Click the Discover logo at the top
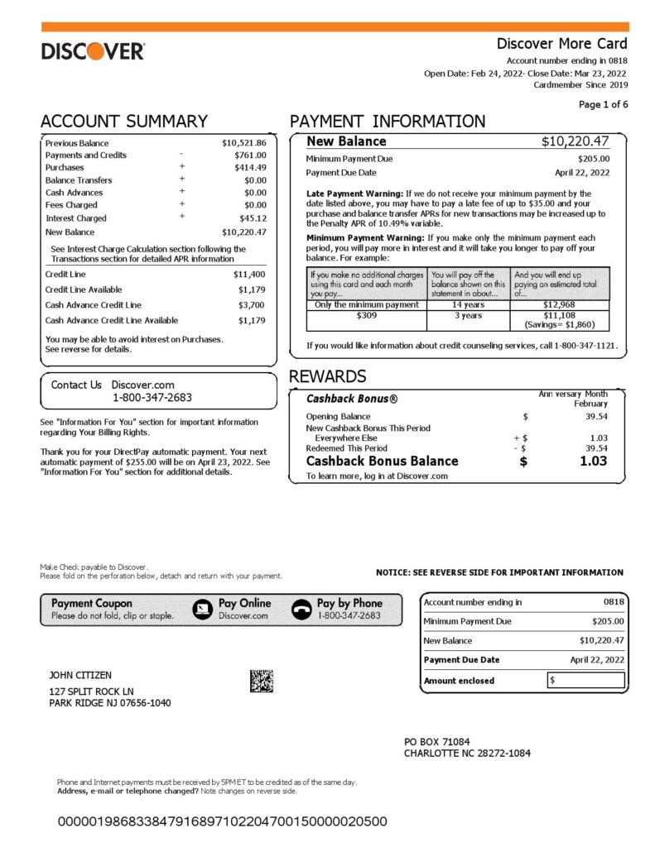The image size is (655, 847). tap(93, 51)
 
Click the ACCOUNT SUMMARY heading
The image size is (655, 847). tap(124, 122)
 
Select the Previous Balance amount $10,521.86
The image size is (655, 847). tap(243, 143)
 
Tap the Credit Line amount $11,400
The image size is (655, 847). tap(249, 274)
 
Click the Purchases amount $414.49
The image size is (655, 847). tap(250, 167)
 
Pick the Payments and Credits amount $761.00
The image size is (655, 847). tap(250, 155)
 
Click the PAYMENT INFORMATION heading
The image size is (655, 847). tap(388, 122)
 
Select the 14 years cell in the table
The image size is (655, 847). tap(468, 304)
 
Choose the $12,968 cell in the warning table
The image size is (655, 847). tap(559, 304)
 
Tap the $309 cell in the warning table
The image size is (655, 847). tap(365, 315)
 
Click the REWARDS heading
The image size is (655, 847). tap(327, 376)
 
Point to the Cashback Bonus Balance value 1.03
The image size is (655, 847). tap(593, 461)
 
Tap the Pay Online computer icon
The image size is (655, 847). tap(202, 610)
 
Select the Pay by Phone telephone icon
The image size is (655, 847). tap(302, 610)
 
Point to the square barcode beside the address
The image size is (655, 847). tap(261, 681)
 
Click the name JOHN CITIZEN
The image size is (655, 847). tap(80, 676)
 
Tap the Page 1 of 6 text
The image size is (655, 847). tap(603, 104)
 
